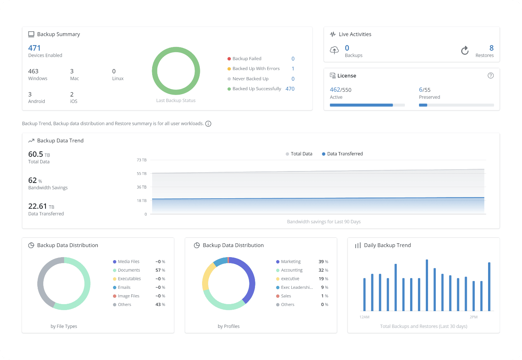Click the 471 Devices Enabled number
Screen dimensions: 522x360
tap(34, 48)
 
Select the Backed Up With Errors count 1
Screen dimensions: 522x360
tap(293, 69)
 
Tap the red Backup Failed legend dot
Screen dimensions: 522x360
tap(229, 59)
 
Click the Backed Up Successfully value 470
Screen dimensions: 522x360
tap(290, 89)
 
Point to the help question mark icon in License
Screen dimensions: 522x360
tap(491, 76)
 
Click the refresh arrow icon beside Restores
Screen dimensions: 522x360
tap(465, 50)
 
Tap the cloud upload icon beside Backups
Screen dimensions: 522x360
tap(334, 50)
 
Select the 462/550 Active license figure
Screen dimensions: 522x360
tap(340, 90)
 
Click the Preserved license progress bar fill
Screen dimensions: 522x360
tap(423, 105)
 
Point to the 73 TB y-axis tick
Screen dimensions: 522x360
tap(142, 160)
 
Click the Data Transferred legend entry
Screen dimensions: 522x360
tap(342, 154)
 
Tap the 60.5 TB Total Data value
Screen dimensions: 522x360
tap(39, 154)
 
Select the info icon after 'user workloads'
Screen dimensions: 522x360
tap(208, 124)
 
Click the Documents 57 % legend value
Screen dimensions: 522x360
tap(160, 270)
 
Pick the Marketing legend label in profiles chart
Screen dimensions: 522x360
tap(290, 262)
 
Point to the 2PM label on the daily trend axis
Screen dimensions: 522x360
tap(474, 317)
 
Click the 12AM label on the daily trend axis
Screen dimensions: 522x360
tap(364, 317)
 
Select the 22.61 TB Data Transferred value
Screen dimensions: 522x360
tap(41, 206)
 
